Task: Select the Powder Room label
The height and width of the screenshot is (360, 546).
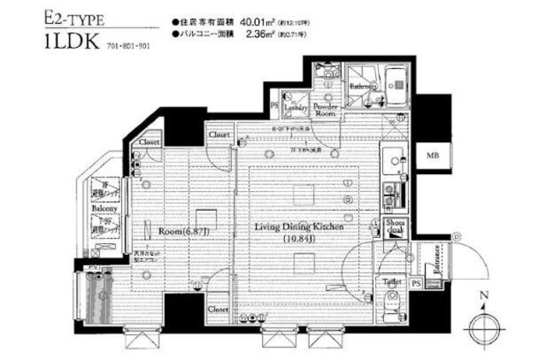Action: [x=326, y=109]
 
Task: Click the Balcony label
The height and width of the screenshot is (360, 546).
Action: [x=104, y=207]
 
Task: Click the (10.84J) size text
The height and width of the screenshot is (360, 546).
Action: [x=297, y=241]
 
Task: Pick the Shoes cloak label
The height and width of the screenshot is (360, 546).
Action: [x=398, y=226]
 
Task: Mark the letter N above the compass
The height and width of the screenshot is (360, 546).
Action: [x=482, y=296]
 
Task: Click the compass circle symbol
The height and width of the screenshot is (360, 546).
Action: [x=482, y=327]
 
